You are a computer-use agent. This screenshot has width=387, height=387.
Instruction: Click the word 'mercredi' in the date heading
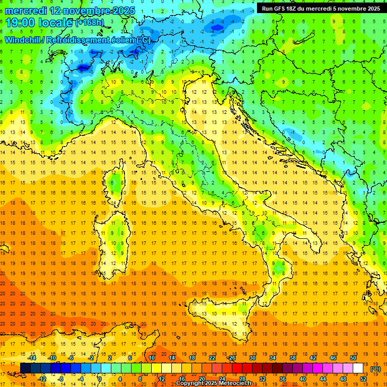tap(25, 11)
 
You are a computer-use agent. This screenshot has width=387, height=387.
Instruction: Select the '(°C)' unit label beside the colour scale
tap(375, 368)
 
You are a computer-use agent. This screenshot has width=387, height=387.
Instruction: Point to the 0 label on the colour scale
tap(100, 379)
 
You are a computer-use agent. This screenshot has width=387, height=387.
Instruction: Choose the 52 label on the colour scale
tap(363, 379)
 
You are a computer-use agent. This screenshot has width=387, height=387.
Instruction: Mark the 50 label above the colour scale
tap(353, 358)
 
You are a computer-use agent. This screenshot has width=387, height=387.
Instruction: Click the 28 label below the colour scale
tap(242, 379)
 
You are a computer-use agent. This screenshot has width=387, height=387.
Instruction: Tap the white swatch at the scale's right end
tap(358, 368)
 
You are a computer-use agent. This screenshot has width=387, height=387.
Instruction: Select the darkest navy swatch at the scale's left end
tap(25, 368)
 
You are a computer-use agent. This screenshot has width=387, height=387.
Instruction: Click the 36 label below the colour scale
tap(282, 379)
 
